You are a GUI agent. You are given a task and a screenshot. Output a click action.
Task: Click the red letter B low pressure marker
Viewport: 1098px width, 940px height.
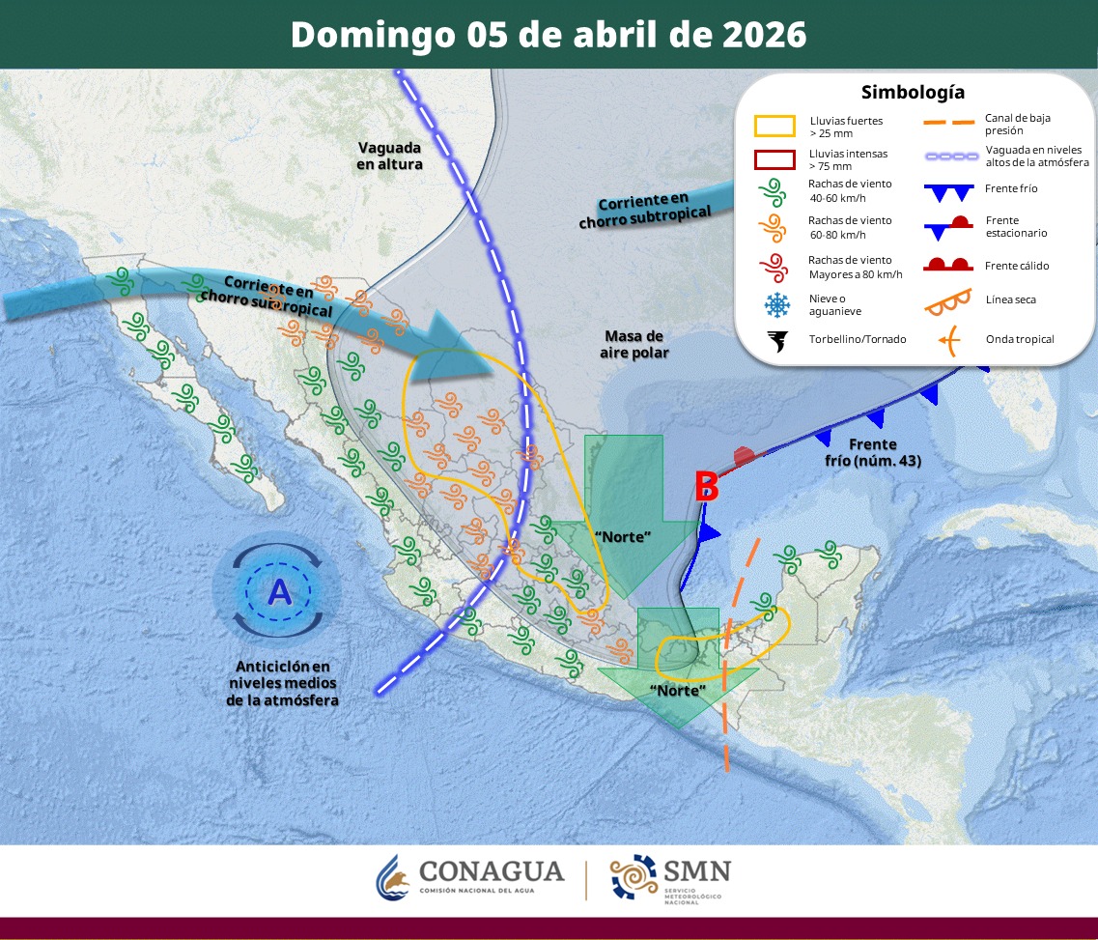coord(707,487)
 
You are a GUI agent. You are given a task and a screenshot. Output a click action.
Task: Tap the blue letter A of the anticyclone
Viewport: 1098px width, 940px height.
coord(279,590)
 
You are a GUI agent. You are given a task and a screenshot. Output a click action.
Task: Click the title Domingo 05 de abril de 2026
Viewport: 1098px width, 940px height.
coord(548,35)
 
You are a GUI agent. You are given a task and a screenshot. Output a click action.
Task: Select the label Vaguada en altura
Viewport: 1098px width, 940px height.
coord(390,156)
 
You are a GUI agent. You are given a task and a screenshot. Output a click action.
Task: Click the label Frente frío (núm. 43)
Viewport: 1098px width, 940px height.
coord(872,452)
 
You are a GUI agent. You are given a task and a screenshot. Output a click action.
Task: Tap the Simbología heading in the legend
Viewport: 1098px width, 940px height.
coord(913,93)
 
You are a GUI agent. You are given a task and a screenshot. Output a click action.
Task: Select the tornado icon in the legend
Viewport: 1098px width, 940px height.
coord(775,340)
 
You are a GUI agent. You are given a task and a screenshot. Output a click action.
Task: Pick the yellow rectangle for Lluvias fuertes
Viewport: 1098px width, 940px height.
coord(774,127)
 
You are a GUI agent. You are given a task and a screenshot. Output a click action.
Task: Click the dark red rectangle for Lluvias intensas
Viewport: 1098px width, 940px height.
coord(774,159)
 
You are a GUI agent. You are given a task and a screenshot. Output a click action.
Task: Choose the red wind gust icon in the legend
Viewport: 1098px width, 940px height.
coord(774,268)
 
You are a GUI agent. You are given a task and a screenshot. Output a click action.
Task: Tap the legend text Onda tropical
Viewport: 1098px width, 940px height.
coord(1020,339)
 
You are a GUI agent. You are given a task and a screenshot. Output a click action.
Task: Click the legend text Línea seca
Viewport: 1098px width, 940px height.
coord(1010,299)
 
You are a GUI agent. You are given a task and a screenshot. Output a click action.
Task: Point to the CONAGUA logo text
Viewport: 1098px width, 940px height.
coord(491,871)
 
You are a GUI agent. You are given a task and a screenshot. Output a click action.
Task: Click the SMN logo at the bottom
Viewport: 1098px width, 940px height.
coord(670,877)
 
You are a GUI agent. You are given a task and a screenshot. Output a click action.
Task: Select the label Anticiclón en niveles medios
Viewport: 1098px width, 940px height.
coord(282,683)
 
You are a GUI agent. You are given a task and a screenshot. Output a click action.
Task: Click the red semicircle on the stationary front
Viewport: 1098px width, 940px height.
coord(744,454)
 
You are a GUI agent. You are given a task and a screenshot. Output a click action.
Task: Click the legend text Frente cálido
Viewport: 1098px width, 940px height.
coord(1017,266)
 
